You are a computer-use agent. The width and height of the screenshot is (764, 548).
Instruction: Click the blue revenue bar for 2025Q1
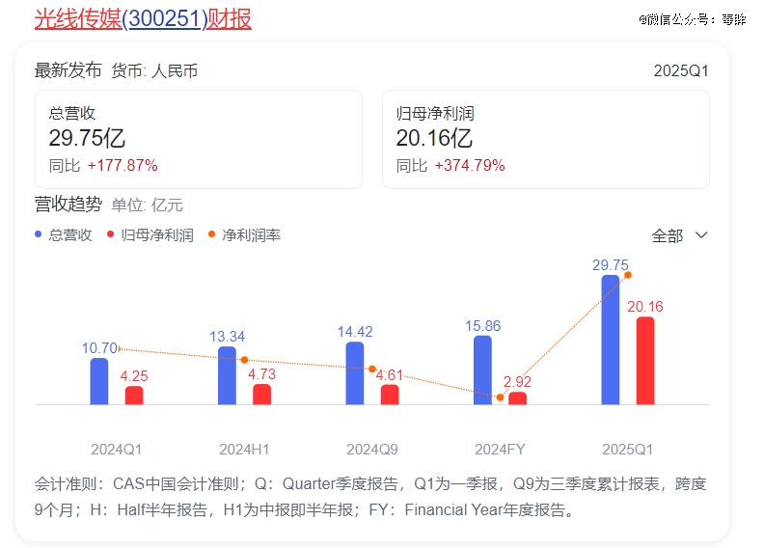[x=610, y=340]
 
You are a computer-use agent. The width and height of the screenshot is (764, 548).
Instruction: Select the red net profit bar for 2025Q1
[x=645, y=360]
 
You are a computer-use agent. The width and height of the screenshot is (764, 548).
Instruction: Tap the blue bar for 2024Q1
[x=99, y=381]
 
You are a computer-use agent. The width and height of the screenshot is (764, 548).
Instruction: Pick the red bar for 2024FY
[x=518, y=397]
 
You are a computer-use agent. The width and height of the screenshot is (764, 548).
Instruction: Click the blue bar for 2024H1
[x=227, y=375]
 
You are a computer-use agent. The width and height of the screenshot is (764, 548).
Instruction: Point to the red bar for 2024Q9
[x=390, y=395]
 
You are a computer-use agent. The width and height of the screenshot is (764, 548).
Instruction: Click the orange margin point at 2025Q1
[x=628, y=275]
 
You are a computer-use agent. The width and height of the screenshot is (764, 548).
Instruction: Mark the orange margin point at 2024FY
[x=500, y=397]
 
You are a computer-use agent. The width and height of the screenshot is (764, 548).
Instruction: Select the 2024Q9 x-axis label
[x=371, y=449]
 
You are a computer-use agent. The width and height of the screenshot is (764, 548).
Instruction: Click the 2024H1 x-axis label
[x=244, y=449]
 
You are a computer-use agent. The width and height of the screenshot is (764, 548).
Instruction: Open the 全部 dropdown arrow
[x=701, y=235]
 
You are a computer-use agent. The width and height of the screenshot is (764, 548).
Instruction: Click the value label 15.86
[x=482, y=325]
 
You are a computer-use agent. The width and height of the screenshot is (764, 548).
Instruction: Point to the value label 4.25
[x=134, y=376]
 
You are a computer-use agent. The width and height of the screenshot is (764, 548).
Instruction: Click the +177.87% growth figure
[x=123, y=165]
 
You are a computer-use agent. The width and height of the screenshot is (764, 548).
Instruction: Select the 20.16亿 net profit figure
[x=434, y=139]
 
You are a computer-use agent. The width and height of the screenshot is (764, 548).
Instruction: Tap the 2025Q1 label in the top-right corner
[x=681, y=70]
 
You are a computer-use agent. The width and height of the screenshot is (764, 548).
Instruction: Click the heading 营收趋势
[x=68, y=204]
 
